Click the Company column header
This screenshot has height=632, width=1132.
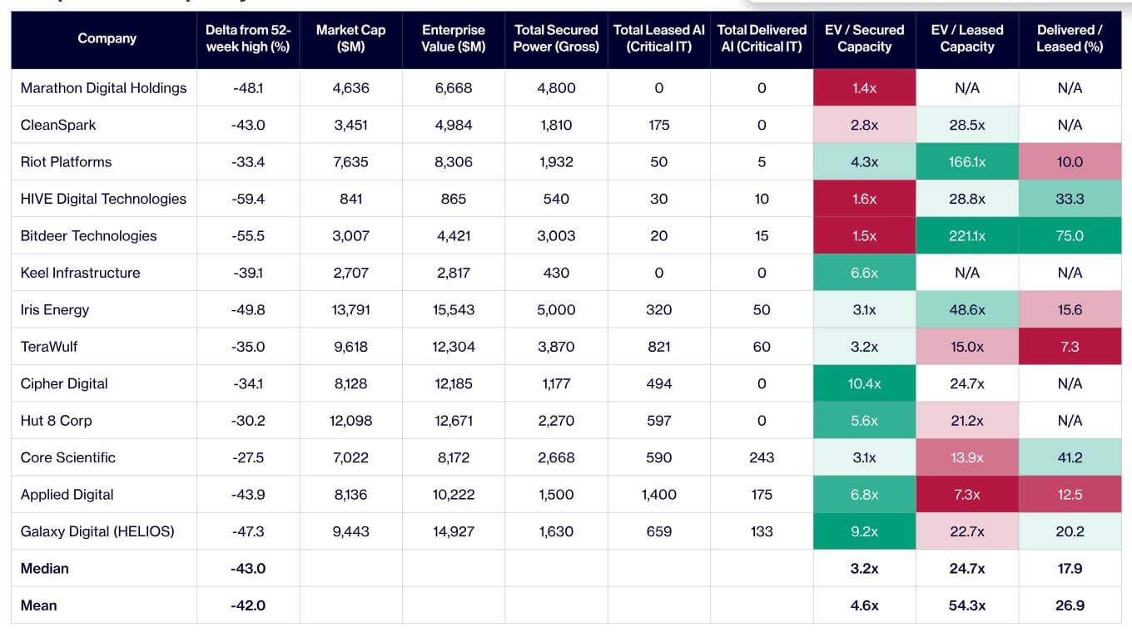tap(107, 38)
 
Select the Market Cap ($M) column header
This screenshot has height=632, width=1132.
tap(350, 38)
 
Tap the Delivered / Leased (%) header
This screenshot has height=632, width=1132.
tap(1070, 38)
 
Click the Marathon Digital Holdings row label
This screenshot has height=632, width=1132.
tap(103, 88)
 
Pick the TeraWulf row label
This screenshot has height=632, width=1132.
tap(49, 346)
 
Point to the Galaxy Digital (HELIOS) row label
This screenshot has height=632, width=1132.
tap(97, 531)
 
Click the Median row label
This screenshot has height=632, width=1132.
tap(44, 569)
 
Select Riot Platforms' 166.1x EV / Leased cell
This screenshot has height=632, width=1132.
tap(966, 161)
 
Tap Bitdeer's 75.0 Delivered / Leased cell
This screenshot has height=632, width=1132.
tap(1070, 235)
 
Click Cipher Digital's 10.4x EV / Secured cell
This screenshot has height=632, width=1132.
tap(864, 383)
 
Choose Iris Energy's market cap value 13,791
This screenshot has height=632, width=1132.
tap(350, 309)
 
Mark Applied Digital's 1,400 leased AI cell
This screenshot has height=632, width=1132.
tap(659, 494)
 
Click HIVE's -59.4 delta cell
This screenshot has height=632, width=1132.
tap(248, 199)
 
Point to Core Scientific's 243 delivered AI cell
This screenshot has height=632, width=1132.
tap(762, 457)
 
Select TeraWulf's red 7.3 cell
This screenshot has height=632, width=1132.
tap(1070, 346)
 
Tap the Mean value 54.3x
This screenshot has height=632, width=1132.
tap(966, 605)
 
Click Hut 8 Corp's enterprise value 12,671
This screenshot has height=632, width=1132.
tap(454, 421)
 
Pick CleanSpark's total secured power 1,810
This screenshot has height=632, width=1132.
tap(556, 125)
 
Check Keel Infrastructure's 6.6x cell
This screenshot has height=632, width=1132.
tap(864, 273)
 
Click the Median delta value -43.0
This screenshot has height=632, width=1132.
tap(248, 569)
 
